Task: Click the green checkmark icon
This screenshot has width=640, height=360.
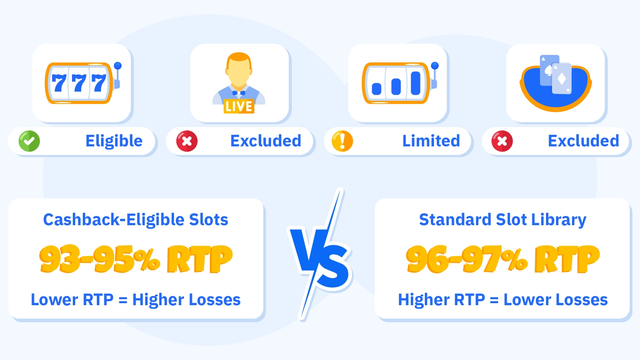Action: (29, 141)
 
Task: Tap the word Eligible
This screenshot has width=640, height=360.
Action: (114, 141)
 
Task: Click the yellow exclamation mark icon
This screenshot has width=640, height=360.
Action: (342, 141)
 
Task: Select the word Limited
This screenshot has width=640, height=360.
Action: (431, 141)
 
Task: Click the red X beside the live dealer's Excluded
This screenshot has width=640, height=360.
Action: (187, 141)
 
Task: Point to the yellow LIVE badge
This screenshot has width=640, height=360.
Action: (239, 106)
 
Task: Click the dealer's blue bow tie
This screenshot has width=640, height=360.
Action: (239, 93)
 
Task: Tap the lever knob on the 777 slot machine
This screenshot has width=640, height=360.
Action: (118, 66)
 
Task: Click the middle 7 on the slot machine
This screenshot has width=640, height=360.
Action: (79, 83)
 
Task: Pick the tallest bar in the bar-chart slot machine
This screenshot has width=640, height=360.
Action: (416, 83)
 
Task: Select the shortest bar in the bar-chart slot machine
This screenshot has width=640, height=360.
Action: (376, 89)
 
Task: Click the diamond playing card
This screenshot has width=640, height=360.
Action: (562, 79)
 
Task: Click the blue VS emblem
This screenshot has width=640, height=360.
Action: (320, 254)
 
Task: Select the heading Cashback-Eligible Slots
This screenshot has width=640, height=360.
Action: (136, 220)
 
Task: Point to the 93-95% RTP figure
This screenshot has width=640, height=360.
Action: (136, 259)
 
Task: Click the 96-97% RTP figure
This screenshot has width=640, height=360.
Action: (503, 259)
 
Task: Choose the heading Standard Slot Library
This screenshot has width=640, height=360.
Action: (503, 220)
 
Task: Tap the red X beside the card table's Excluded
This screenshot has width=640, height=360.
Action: (502, 141)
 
